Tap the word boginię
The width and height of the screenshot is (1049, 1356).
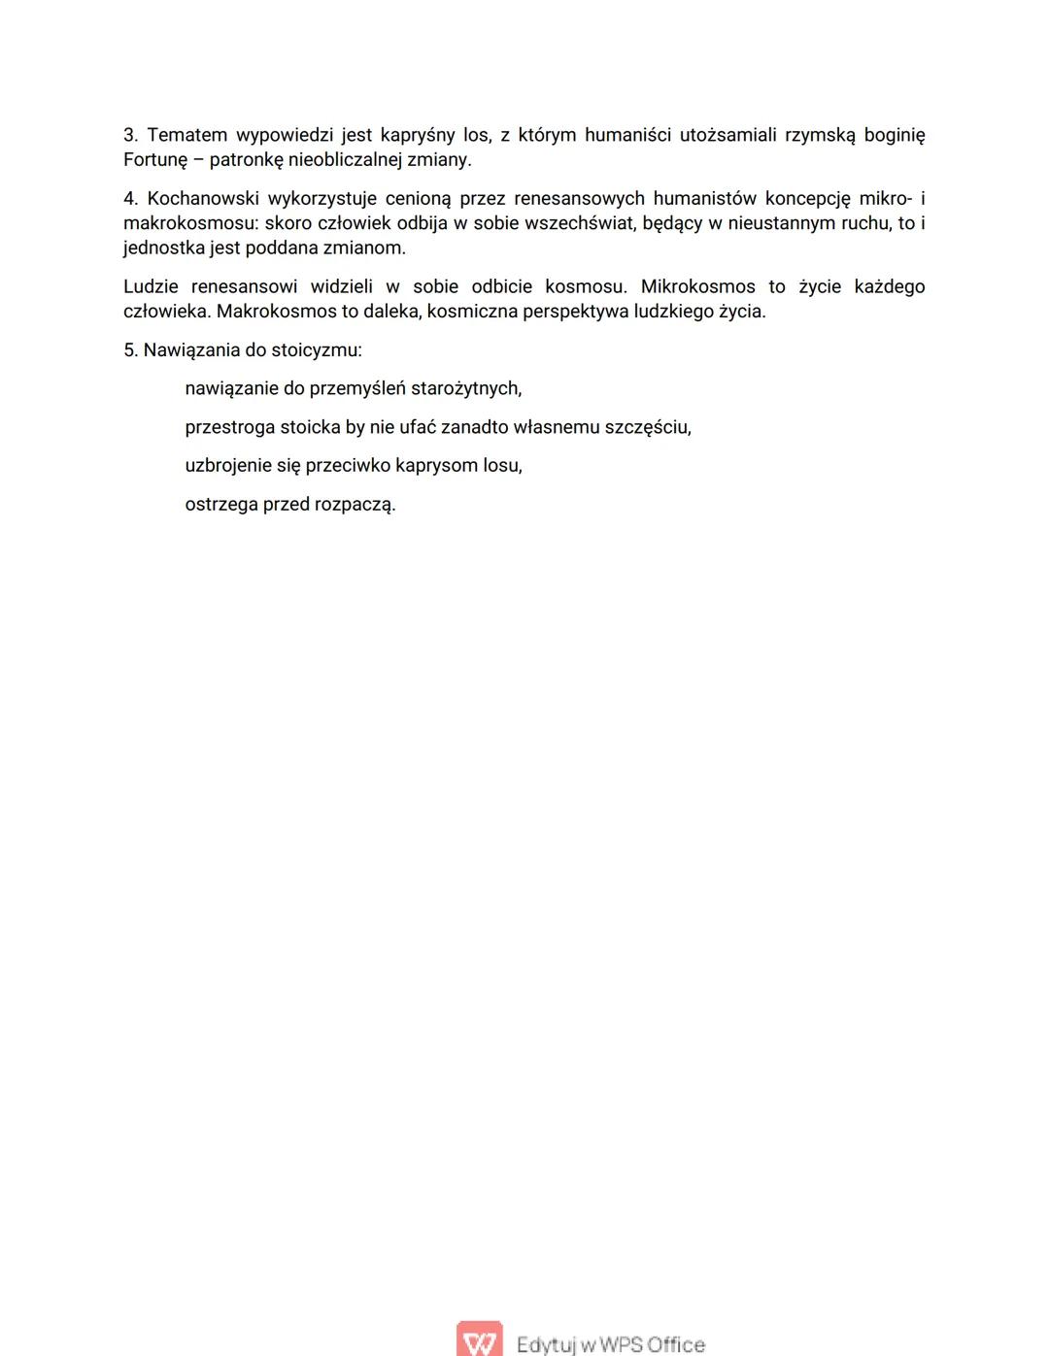coord(894,135)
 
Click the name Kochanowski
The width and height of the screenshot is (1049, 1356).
coord(202,199)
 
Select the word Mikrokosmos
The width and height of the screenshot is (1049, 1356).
coord(697,287)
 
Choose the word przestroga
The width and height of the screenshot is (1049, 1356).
coord(229,427)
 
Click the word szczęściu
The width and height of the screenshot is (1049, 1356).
coord(648,427)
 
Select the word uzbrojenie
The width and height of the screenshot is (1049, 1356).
coord(228,466)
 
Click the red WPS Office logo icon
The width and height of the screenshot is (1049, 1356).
coord(480,1340)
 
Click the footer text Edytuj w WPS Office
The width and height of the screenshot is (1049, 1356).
coord(610,1344)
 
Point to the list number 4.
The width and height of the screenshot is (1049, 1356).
coord(130,199)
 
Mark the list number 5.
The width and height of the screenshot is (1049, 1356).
coord(130,350)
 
